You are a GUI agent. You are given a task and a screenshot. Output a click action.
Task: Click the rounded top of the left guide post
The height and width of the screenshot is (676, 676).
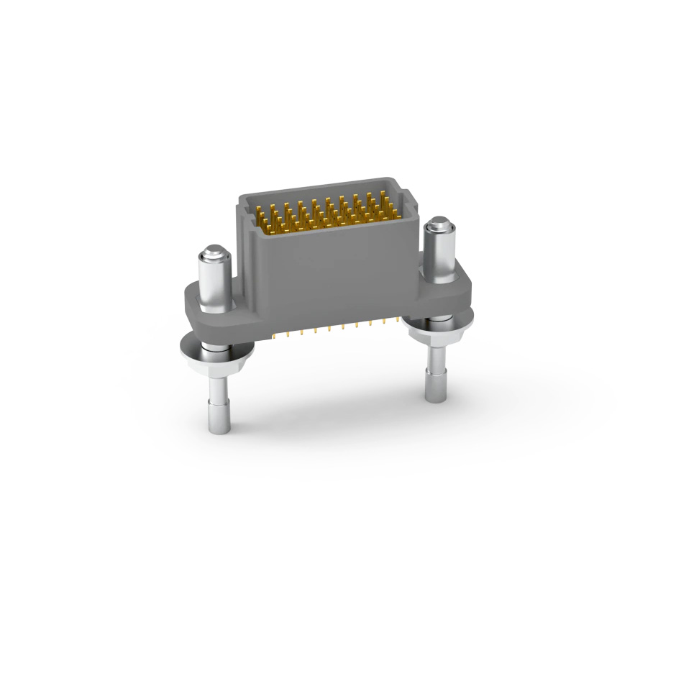pyautogui.click(x=212, y=253)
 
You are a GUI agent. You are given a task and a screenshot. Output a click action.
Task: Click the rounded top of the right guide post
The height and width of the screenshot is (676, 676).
pyautogui.click(x=438, y=227)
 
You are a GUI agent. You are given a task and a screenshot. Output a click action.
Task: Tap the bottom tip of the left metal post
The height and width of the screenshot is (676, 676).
pyautogui.click(x=218, y=429)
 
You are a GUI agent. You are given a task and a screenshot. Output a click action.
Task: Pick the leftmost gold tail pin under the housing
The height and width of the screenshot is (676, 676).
pyautogui.click(x=275, y=335)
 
